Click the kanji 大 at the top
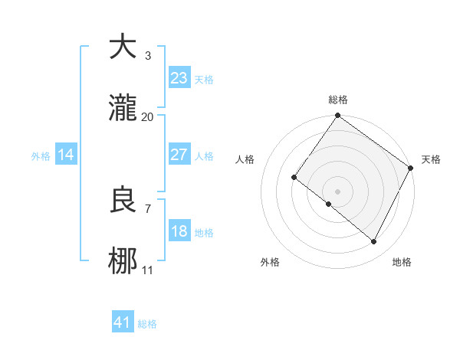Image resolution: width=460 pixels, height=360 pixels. click(123, 47)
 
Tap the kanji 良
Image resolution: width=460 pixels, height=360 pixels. click(123, 200)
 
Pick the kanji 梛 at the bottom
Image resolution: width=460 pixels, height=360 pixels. click(123, 261)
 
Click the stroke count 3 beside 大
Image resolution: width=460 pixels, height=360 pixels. click(148, 56)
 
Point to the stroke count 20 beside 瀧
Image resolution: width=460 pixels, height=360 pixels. click(148, 116)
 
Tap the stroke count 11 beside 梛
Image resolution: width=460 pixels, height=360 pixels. click(148, 270)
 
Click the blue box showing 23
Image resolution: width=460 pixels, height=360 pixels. click(179, 78)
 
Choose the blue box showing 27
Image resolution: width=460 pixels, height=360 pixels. click(179, 155)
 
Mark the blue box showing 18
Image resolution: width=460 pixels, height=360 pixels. click(179, 231)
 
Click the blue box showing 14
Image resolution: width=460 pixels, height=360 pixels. click(66, 155)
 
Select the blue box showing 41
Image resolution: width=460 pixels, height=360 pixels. click(123, 322)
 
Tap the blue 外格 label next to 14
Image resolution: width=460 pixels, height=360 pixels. click(41, 156)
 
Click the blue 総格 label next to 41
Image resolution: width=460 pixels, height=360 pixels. click(147, 324)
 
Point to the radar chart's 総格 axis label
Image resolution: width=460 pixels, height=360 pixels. click(338, 100)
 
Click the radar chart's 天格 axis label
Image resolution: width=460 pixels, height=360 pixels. click(431, 159)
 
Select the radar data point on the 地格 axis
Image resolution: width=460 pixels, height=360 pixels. click(374, 242)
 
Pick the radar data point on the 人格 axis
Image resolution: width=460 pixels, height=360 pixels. click(294, 178)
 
